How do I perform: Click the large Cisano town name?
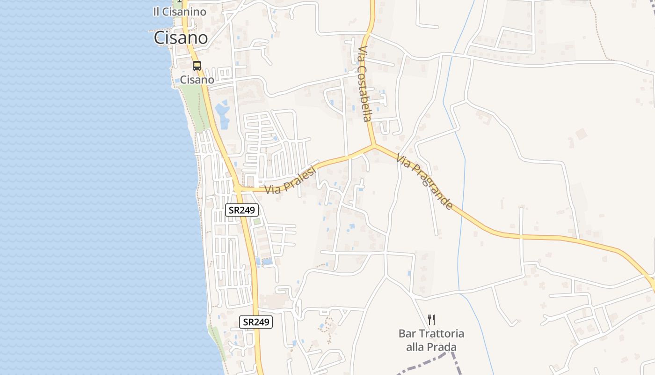[181, 38]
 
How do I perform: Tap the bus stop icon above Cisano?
[197, 66]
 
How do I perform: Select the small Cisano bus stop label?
[197, 80]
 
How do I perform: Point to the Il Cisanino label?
[179, 12]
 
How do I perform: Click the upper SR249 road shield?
[242, 210]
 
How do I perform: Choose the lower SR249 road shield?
[256, 322]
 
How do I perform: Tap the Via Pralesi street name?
[291, 180]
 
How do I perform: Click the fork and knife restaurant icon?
[431, 320]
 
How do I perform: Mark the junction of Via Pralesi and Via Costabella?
[373, 146]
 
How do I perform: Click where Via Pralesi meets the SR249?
[238, 189]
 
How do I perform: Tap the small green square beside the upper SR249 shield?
[256, 221]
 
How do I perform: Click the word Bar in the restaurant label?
[407, 334]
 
